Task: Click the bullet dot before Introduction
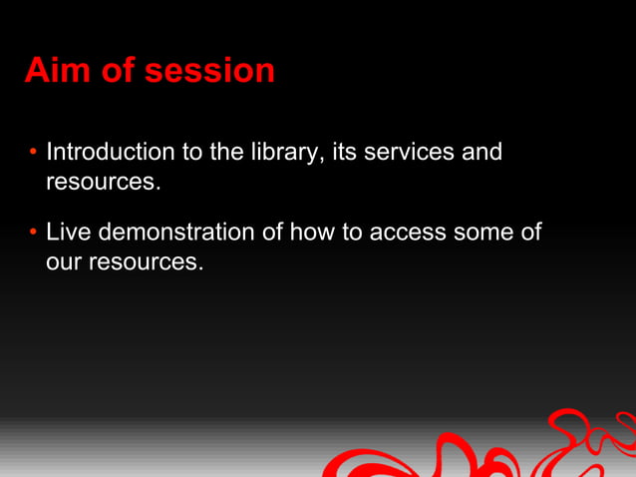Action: pyautogui.click(x=33, y=153)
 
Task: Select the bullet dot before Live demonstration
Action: pyautogui.click(x=33, y=233)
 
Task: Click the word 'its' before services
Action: pyautogui.click(x=346, y=153)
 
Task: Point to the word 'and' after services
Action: pyautogui.click(x=481, y=153)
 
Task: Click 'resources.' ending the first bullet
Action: pyautogui.click(x=103, y=183)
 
